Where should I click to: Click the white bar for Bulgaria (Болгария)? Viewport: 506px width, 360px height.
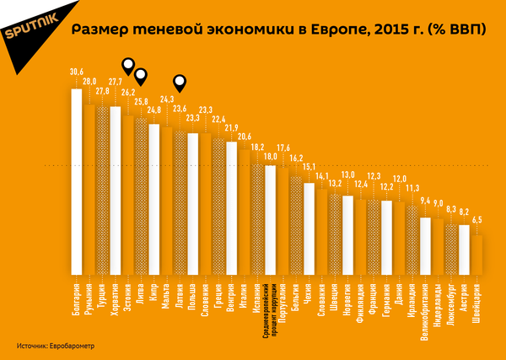point(76,181)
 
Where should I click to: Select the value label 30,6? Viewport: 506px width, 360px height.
point(76,73)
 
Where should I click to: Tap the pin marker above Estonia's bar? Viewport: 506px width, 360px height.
point(127,63)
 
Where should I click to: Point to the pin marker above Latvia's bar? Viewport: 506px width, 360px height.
point(179,82)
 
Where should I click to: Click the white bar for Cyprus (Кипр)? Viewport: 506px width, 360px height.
point(153,199)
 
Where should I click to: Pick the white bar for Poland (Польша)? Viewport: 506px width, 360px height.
point(192,203)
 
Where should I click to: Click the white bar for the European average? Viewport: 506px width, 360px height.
point(270,219)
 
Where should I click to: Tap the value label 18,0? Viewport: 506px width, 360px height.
point(272,156)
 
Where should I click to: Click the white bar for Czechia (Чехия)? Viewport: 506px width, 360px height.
point(309,228)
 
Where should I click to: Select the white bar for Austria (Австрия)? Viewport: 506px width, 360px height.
point(463,249)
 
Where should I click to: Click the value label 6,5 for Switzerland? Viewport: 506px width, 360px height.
point(476,220)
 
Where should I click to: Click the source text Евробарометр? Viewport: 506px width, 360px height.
point(71,346)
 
